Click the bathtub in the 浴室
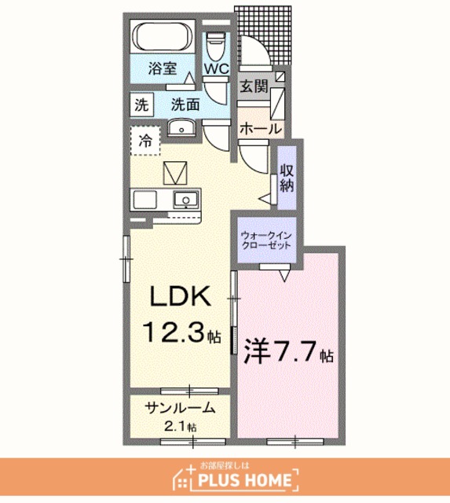point(163,37)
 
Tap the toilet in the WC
point(216,46)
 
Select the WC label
point(217,68)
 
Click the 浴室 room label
point(163,68)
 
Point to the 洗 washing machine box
point(141,105)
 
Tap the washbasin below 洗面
point(181,127)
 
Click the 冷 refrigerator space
point(145,141)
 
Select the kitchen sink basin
point(186,200)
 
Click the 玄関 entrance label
point(254,86)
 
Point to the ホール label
point(261,129)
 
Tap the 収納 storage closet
point(287,178)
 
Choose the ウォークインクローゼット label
point(266,240)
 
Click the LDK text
point(180,296)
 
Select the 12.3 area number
point(175,332)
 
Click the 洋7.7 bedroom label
point(288,353)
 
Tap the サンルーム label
point(180,408)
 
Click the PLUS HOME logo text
point(245,480)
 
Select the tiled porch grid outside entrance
point(263,35)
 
